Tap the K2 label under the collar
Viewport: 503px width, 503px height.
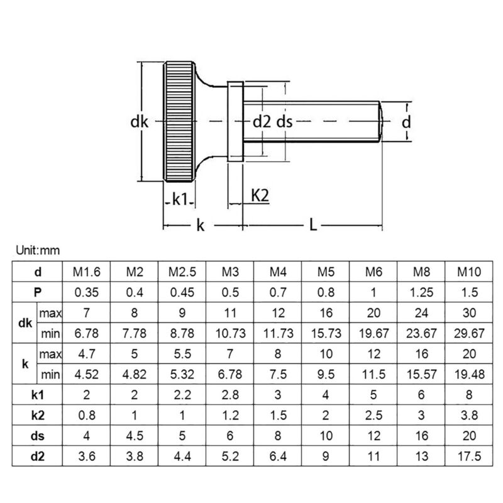(x=260, y=196)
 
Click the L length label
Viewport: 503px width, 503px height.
(x=313, y=224)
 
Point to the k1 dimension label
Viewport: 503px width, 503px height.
(x=180, y=199)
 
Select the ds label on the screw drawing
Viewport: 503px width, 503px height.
(x=285, y=123)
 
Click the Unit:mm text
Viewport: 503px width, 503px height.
(x=37, y=250)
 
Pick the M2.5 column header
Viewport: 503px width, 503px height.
(x=182, y=272)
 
